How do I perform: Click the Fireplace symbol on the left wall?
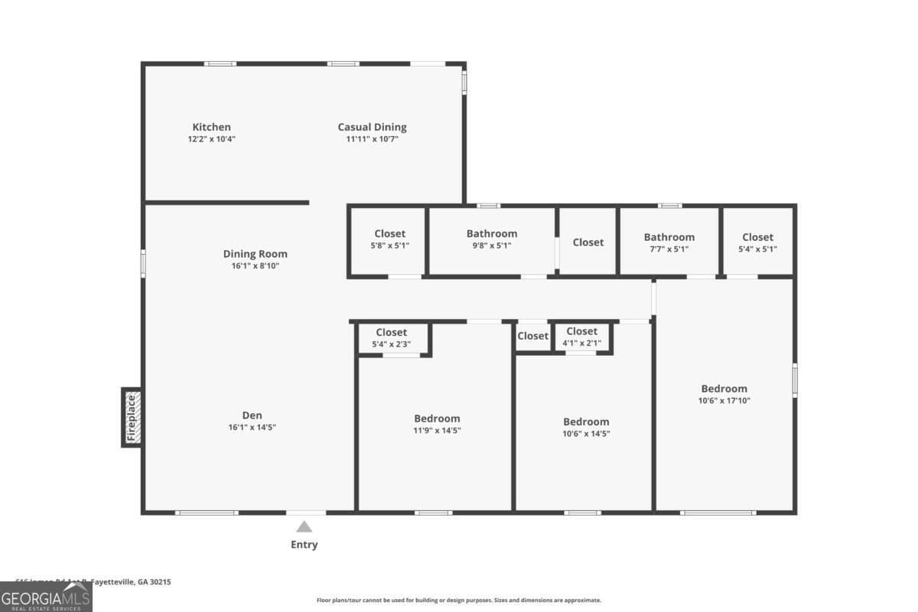[132, 417]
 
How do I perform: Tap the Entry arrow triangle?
[304, 526]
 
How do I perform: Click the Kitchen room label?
[211, 127]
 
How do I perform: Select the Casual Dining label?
[373, 127]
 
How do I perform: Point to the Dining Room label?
[256, 254]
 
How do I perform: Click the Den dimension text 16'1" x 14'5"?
[252, 428]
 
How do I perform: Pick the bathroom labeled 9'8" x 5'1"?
[492, 239]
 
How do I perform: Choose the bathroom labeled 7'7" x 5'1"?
[669, 243]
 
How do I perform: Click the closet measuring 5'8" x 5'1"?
[390, 239]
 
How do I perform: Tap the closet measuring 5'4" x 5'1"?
[757, 243]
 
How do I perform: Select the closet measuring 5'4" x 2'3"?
[391, 338]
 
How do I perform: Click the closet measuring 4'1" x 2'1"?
[582, 337]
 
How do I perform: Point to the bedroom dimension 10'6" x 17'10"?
[724, 400]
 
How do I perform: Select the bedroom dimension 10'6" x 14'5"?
[586, 434]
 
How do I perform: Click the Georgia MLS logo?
[46, 597]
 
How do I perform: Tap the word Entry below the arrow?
[304, 545]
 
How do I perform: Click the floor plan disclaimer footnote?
[459, 601]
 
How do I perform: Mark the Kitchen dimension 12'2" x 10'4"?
[211, 139]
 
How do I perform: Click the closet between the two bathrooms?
[588, 242]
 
